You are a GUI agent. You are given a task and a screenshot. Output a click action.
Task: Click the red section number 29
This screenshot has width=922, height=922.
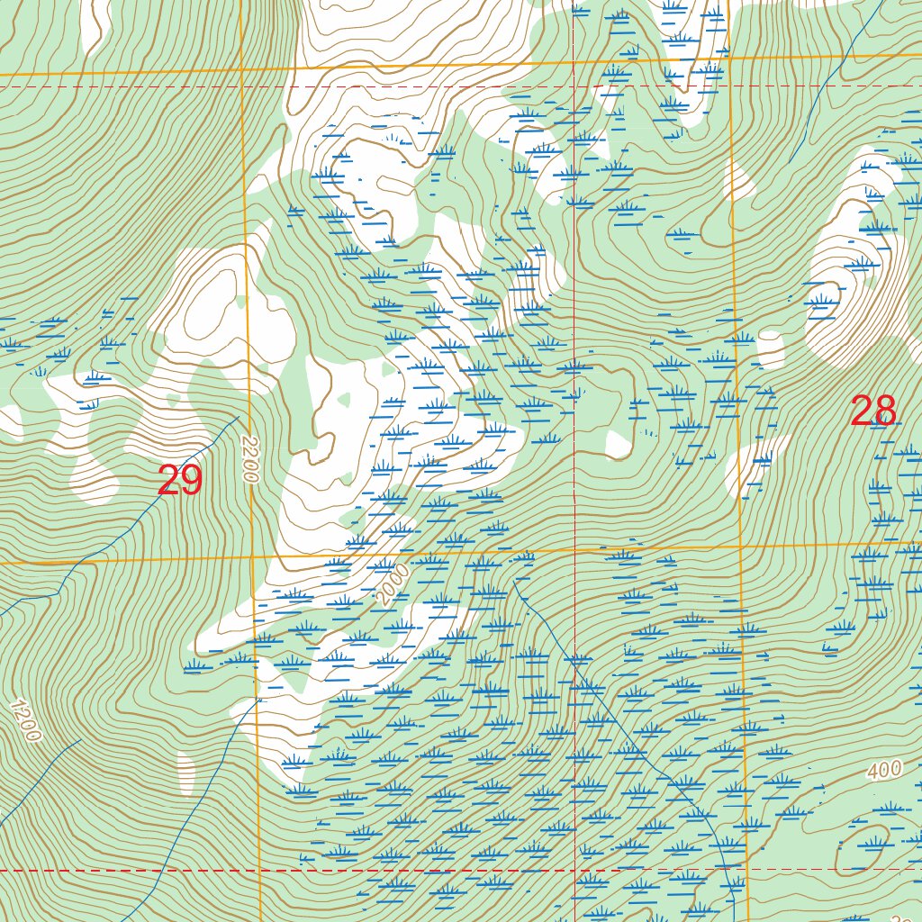pyautogui.click(x=180, y=481)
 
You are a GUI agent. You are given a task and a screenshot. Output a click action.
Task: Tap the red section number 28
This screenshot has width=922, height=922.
pyautogui.click(x=873, y=411)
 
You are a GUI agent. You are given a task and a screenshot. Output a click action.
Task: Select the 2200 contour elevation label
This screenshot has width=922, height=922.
pyautogui.click(x=250, y=460)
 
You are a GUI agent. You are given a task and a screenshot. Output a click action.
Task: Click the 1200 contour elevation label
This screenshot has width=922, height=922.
pyautogui.click(x=27, y=720)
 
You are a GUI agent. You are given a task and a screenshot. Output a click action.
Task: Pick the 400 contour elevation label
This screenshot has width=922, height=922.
pyautogui.click(x=885, y=771)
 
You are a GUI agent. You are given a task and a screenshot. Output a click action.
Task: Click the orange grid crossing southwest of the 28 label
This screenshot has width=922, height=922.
pyautogui.click(x=740, y=546)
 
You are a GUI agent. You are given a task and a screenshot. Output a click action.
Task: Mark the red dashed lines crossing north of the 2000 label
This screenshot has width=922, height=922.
pyautogui.click(x=574, y=87)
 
